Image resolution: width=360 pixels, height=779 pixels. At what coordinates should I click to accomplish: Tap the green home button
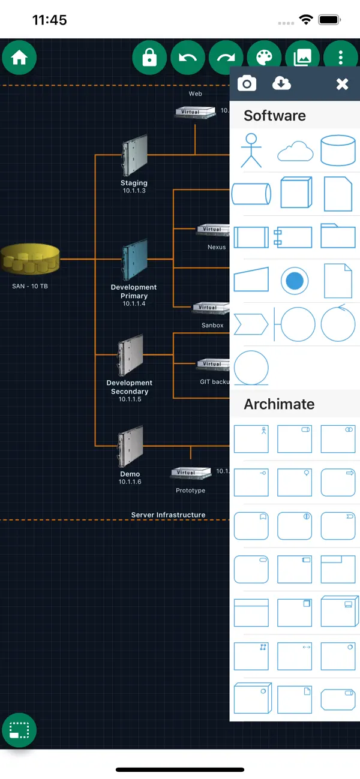pos(19,58)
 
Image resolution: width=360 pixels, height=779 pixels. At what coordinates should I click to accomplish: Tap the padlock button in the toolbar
pos(149,58)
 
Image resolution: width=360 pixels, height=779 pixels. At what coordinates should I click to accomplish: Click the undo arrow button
pos(188,58)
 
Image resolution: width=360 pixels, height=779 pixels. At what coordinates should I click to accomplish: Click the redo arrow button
pos(226,58)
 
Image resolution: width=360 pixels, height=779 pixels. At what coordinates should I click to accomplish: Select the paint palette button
pos(265,58)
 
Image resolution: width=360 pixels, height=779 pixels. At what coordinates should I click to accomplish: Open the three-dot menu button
pos(341,58)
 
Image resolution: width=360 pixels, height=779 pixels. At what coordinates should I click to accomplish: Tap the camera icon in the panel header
pos(247,83)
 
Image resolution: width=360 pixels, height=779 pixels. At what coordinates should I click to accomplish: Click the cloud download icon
pos(281,83)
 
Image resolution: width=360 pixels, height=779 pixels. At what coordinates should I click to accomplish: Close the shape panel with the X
pos(342,84)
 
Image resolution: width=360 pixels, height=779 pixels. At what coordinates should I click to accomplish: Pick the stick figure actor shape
pos(251,150)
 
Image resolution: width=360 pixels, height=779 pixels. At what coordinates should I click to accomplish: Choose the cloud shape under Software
pos(295,151)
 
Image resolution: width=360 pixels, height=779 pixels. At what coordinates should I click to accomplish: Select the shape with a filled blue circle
pos(295,281)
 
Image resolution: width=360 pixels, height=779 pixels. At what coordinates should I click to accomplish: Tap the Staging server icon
pos(134,157)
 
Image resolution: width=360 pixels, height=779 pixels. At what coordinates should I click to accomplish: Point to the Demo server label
pos(130,474)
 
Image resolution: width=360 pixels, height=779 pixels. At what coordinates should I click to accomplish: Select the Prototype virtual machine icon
pos(190,474)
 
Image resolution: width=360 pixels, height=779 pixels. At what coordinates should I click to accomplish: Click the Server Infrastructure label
pos(168,515)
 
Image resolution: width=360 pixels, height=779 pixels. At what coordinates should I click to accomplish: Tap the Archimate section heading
pos(279,404)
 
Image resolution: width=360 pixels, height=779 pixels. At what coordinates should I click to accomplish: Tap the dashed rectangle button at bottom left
pos(19,730)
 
